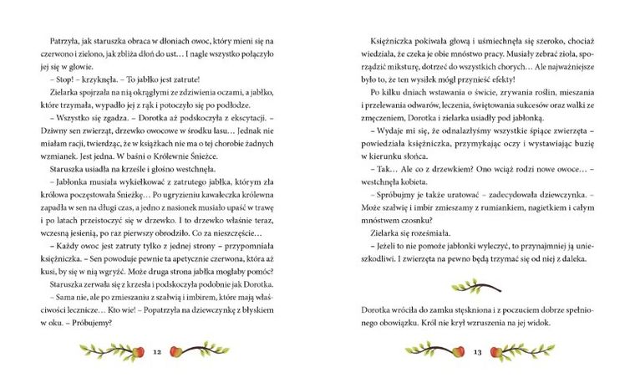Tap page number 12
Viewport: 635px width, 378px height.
[x=158, y=351]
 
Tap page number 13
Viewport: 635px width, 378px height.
[x=477, y=351]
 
